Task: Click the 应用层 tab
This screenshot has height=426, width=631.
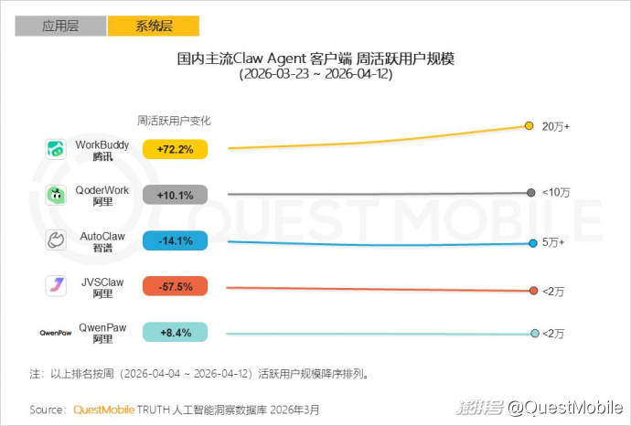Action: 60,26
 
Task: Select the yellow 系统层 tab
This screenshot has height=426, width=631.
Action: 154,26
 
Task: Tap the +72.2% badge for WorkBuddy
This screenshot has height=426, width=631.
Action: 176,149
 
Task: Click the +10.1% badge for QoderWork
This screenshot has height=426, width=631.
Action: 176,195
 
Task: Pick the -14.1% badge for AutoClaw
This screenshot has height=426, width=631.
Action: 176,240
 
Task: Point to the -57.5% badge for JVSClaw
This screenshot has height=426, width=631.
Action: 176,286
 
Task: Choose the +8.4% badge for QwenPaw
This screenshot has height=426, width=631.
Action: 176,332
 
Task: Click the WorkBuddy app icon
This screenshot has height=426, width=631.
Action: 56,149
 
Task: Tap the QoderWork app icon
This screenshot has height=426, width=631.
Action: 56,195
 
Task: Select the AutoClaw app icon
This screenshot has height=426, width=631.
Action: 56,240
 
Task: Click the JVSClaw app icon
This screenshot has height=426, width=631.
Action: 56,286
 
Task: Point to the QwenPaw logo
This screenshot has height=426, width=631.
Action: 56,333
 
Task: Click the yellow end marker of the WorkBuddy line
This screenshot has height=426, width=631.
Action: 529,126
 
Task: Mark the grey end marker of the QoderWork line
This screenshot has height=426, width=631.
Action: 530,193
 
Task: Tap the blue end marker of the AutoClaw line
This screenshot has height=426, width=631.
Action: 532,242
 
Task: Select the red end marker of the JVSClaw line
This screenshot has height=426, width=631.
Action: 533,291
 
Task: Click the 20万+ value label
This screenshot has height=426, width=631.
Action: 555,126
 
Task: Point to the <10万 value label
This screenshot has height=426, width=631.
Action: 555,193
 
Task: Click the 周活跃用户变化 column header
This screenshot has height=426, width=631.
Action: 174,121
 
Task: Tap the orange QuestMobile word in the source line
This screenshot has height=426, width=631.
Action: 103,409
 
